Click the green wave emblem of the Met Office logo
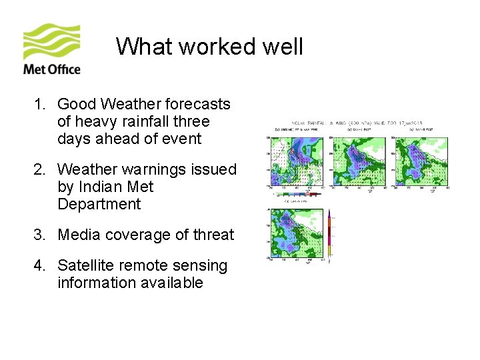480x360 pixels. (52, 41)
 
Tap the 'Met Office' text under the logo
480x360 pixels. (52, 69)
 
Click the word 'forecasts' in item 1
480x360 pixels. (199, 104)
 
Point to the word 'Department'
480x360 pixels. (99, 204)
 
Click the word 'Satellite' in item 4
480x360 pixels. (86, 265)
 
